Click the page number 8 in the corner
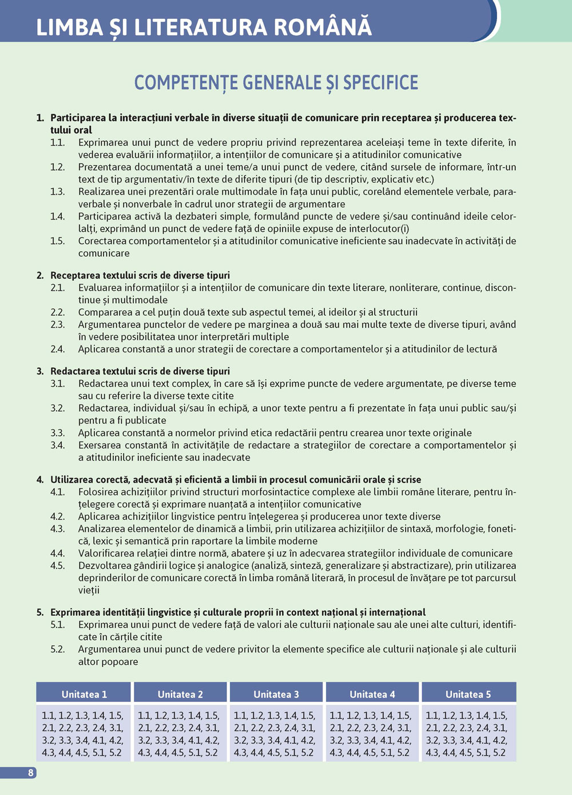[31, 773]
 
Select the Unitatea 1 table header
[84, 694]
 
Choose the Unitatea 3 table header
[276, 694]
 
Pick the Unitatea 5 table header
[468, 694]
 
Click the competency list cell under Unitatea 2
[180, 734]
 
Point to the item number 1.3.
[57, 192]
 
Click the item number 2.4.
[57, 349]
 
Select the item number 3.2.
[57, 408]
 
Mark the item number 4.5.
[57, 566]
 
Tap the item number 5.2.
[57, 649]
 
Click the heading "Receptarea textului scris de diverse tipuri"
[140, 275]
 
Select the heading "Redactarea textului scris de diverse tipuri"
[140, 371]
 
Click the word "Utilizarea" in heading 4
[73, 479]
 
